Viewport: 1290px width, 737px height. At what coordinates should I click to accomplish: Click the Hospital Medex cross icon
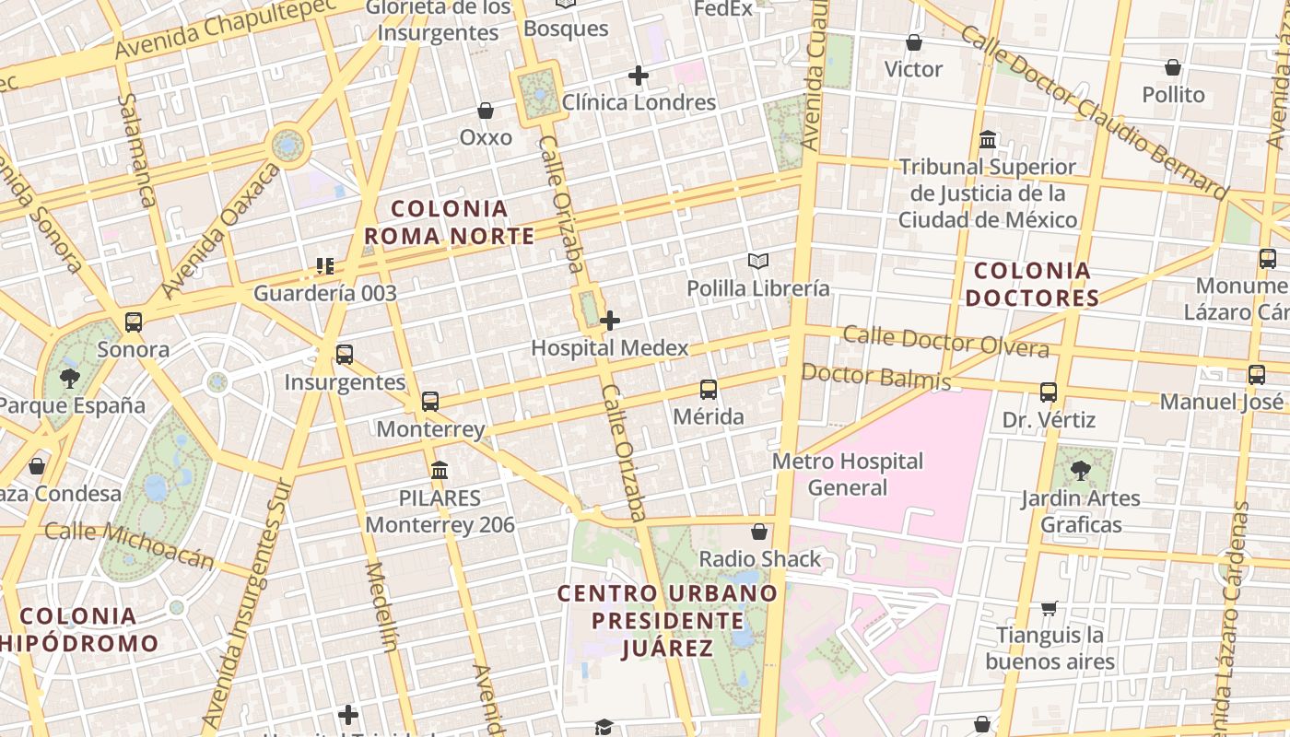[x=609, y=321]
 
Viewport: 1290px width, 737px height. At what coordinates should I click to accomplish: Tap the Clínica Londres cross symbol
[x=638, y=76]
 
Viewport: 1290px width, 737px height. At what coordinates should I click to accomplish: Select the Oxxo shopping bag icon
[x=486, y=111]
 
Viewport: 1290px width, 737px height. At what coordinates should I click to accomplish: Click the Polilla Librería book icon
[x=757, y=262]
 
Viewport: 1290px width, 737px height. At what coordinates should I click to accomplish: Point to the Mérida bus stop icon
[x=708, y=390]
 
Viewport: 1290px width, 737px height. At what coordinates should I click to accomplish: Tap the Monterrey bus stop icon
[x=430, y=402]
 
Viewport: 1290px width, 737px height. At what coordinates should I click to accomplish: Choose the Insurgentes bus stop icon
[x=344, y=355]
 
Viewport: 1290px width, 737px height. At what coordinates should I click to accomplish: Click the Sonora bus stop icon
[x=134, y=322]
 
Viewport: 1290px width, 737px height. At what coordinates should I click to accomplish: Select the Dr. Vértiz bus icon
[x=1048, y=392]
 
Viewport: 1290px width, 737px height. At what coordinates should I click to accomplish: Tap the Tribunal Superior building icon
[x=988, y=140]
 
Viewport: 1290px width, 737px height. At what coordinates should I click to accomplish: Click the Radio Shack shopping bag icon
[x=759, y=532]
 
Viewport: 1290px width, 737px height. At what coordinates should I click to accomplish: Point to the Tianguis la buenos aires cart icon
[x=1049, y=608]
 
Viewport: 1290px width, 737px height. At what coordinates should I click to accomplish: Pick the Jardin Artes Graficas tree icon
[x=1079, y=472]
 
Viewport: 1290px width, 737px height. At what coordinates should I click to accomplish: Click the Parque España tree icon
[x=69, y=378]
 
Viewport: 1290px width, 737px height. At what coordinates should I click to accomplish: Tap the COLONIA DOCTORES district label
[x=1032, y=285]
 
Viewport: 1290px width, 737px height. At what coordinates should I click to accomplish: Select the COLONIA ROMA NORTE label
[x=450, y=223]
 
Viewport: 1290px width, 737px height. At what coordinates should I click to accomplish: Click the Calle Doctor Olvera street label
[x=945, y=341]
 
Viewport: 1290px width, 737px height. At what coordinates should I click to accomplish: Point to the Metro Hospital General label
[x=848, y=474]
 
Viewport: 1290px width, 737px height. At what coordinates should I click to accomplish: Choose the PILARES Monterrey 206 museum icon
[x=440, y=471]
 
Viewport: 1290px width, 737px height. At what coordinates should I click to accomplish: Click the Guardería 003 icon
[x=324, y=266]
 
